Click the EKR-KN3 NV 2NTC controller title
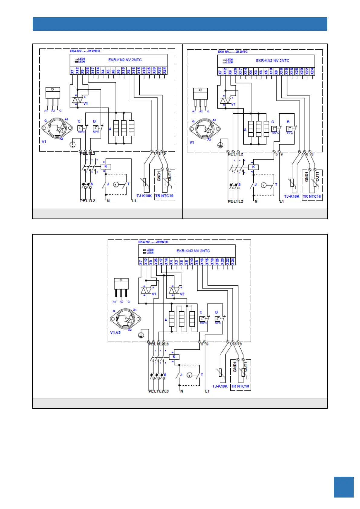click(193, 251)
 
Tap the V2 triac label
click(182, 294)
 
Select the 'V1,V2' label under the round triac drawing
click(115, 332)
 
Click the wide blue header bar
click(180, 24)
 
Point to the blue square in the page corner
click(343, 487)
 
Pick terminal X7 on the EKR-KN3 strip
click(141, 262)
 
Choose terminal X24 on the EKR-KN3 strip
click(233, 262)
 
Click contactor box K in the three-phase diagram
click(174, 357)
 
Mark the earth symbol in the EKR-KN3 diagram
click(141, 335)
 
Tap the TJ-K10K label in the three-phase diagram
click(220, 386)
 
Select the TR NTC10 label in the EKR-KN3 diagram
click(240, 386)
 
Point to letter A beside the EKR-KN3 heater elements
click(166, 320)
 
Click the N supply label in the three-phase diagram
click(182, 391)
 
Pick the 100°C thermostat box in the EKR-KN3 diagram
click(202, 319)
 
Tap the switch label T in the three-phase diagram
click(202, 375)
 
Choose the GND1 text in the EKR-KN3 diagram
click(235, 367)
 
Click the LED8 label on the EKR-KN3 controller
click(150, 250)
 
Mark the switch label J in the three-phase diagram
click(181, 375)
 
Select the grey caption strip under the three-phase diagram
click(180, 403)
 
